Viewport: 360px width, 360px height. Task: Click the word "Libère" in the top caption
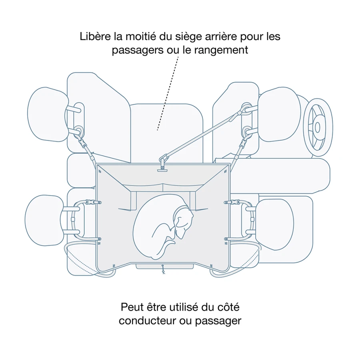95,36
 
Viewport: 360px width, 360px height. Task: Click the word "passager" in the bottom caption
218,321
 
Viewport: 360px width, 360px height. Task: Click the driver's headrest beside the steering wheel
279,114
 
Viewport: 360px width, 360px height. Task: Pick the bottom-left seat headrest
44,220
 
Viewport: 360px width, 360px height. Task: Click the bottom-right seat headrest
274,224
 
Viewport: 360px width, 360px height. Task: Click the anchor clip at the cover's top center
162,164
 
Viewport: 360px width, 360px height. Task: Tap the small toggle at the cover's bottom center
163,269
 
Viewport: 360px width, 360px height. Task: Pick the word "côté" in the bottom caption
228,307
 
